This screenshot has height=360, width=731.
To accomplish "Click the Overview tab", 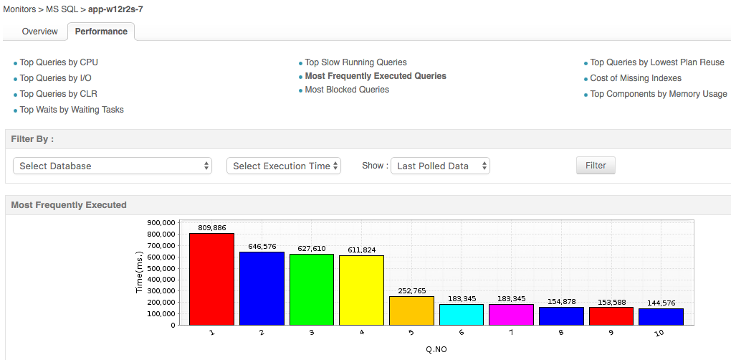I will click(39, 32).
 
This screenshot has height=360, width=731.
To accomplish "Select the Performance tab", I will click(101, 32).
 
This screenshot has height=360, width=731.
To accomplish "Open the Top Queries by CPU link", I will click(59, 62).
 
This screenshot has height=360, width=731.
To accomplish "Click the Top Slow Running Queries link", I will click(355, 62).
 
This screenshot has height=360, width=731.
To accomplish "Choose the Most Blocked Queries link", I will click(347, 90).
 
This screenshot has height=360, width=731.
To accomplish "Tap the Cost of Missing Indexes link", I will click(636, 78).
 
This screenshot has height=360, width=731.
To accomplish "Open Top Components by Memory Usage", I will click(659, 94).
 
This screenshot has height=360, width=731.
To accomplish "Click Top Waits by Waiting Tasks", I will click(72, 110).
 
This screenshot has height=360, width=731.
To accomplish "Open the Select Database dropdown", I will click(113, 166).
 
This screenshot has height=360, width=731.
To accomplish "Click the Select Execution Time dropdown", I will click(283, 166).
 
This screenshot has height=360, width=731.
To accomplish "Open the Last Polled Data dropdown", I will click(440, 166).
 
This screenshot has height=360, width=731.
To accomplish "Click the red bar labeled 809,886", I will click(211, 279).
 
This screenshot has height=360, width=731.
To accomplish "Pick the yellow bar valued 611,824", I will click(361, 290).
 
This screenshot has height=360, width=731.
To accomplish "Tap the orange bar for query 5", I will click(411, 311).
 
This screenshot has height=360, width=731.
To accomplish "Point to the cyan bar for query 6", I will click(462, 315).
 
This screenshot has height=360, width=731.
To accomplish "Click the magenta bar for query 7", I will click(511, 315).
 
